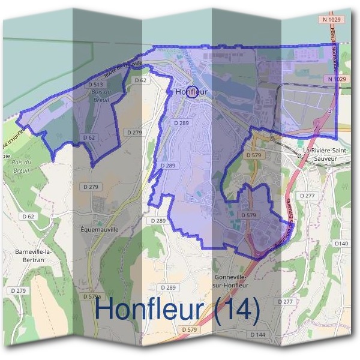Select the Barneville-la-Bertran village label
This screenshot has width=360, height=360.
33,256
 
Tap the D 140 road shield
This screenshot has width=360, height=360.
341,243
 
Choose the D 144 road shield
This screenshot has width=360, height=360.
257,334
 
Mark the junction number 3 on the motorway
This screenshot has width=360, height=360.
329,111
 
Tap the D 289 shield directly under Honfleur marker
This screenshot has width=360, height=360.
182,122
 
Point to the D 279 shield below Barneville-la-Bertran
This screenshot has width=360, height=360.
19,290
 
